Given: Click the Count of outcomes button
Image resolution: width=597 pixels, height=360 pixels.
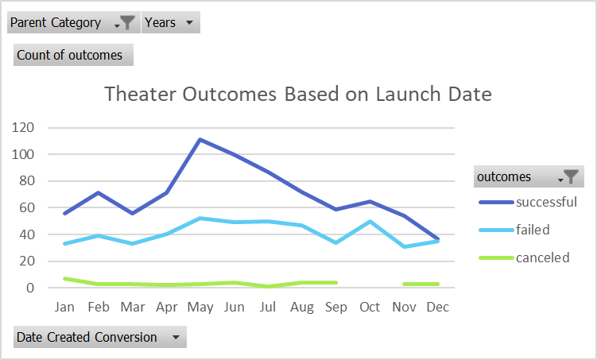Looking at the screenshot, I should tap(73, 55).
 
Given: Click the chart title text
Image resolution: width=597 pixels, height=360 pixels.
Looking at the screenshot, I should tap(298, 95).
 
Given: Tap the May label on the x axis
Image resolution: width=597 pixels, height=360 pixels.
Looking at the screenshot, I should tap(200, 307).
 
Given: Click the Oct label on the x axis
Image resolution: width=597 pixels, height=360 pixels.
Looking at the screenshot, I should tap(370, 307).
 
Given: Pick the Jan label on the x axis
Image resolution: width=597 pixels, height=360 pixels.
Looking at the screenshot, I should tap(64, 307).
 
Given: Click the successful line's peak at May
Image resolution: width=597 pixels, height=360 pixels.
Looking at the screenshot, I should tap(200, 140).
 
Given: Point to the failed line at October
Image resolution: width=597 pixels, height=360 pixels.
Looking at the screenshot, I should tap(370, 221).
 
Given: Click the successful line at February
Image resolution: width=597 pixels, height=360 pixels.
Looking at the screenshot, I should tap(99, 192).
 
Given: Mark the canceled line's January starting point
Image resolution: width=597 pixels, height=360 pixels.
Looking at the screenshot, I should tap(64, 278).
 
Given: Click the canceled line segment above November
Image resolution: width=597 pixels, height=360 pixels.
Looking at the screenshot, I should tap(405, 284).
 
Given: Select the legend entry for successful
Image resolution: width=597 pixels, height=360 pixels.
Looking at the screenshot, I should tap(545, 202).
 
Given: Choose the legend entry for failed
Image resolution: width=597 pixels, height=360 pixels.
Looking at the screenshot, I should tap(533, 230).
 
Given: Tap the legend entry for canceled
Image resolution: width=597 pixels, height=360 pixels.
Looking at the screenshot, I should tap(542, 257).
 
